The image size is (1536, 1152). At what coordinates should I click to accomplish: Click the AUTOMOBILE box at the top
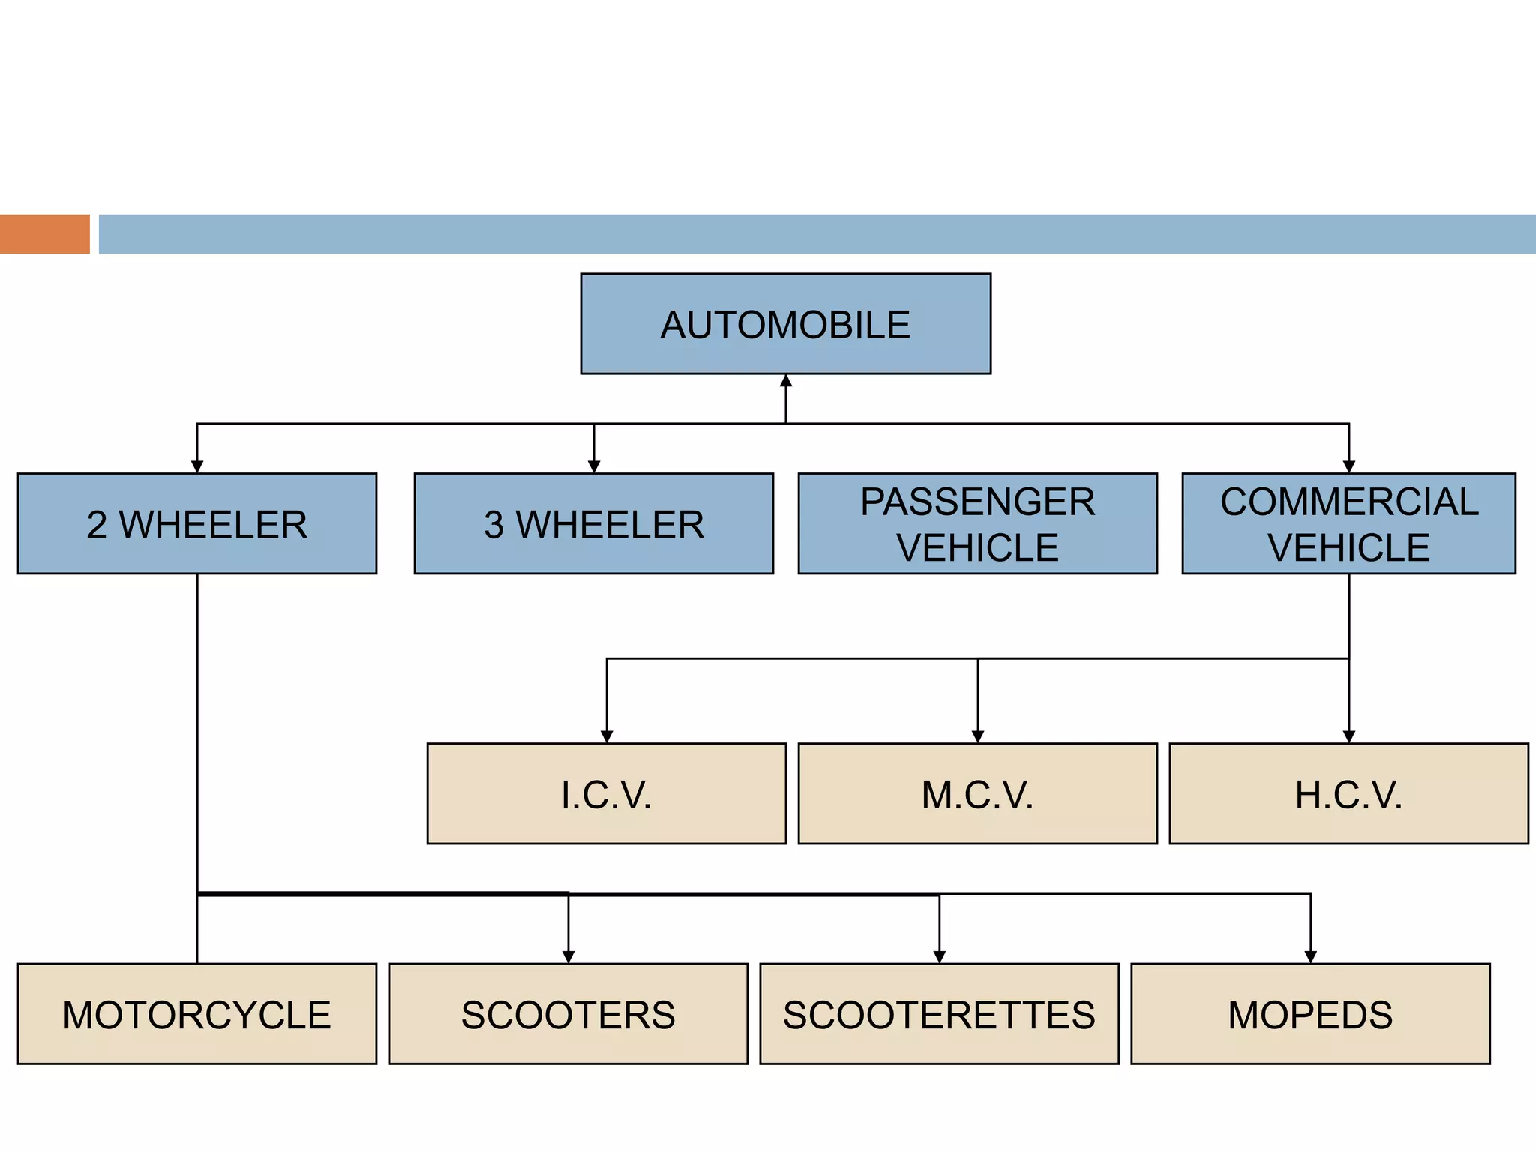pos(785,324)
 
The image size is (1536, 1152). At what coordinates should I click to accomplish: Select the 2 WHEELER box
pos(196,523)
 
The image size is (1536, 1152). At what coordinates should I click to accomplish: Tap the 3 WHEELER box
pos(593,523)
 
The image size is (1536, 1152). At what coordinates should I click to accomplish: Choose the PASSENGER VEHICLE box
pos(977,523)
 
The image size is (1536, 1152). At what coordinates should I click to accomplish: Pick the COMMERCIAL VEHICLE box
pos(1348,523)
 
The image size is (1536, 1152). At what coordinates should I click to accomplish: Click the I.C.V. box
pos(606,793)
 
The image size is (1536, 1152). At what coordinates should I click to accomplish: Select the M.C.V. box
pos(977,793)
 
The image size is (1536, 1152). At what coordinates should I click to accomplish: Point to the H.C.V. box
pos(1348,793)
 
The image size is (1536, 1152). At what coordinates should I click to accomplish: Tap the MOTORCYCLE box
pos(196,1013)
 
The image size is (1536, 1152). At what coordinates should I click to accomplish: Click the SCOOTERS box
pos(568,1013)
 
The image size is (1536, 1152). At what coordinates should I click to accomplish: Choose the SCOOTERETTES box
pos(939,1013)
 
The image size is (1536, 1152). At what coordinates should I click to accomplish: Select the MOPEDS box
pos(1310,1013)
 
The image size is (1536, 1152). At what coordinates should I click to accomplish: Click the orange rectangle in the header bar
pos(44,234)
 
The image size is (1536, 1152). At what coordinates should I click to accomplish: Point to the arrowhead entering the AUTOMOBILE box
pos(786,381)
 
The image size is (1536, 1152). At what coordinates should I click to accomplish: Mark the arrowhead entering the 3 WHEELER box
pos(594,466)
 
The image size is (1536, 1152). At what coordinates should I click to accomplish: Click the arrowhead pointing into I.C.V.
pos(607,736)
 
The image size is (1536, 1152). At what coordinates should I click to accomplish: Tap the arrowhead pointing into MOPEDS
pos(1311,956)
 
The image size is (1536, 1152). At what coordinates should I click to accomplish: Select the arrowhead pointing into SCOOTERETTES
pos(940,956)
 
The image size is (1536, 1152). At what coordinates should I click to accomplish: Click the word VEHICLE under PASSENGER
pos(977,547)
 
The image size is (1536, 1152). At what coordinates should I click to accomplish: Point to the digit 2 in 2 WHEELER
pos(97,525)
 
